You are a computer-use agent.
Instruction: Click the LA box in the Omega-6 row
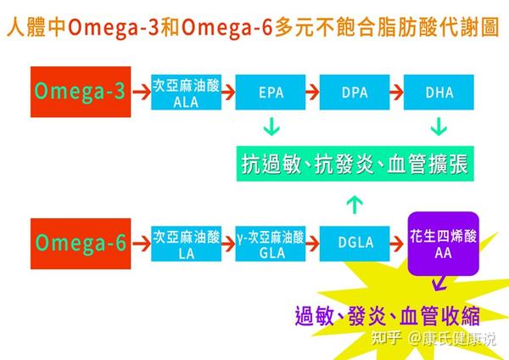coord(187,243)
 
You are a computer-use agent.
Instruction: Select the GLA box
coord(271,243)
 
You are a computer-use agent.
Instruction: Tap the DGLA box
coord(355,243)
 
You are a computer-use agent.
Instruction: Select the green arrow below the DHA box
coord(439,128)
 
